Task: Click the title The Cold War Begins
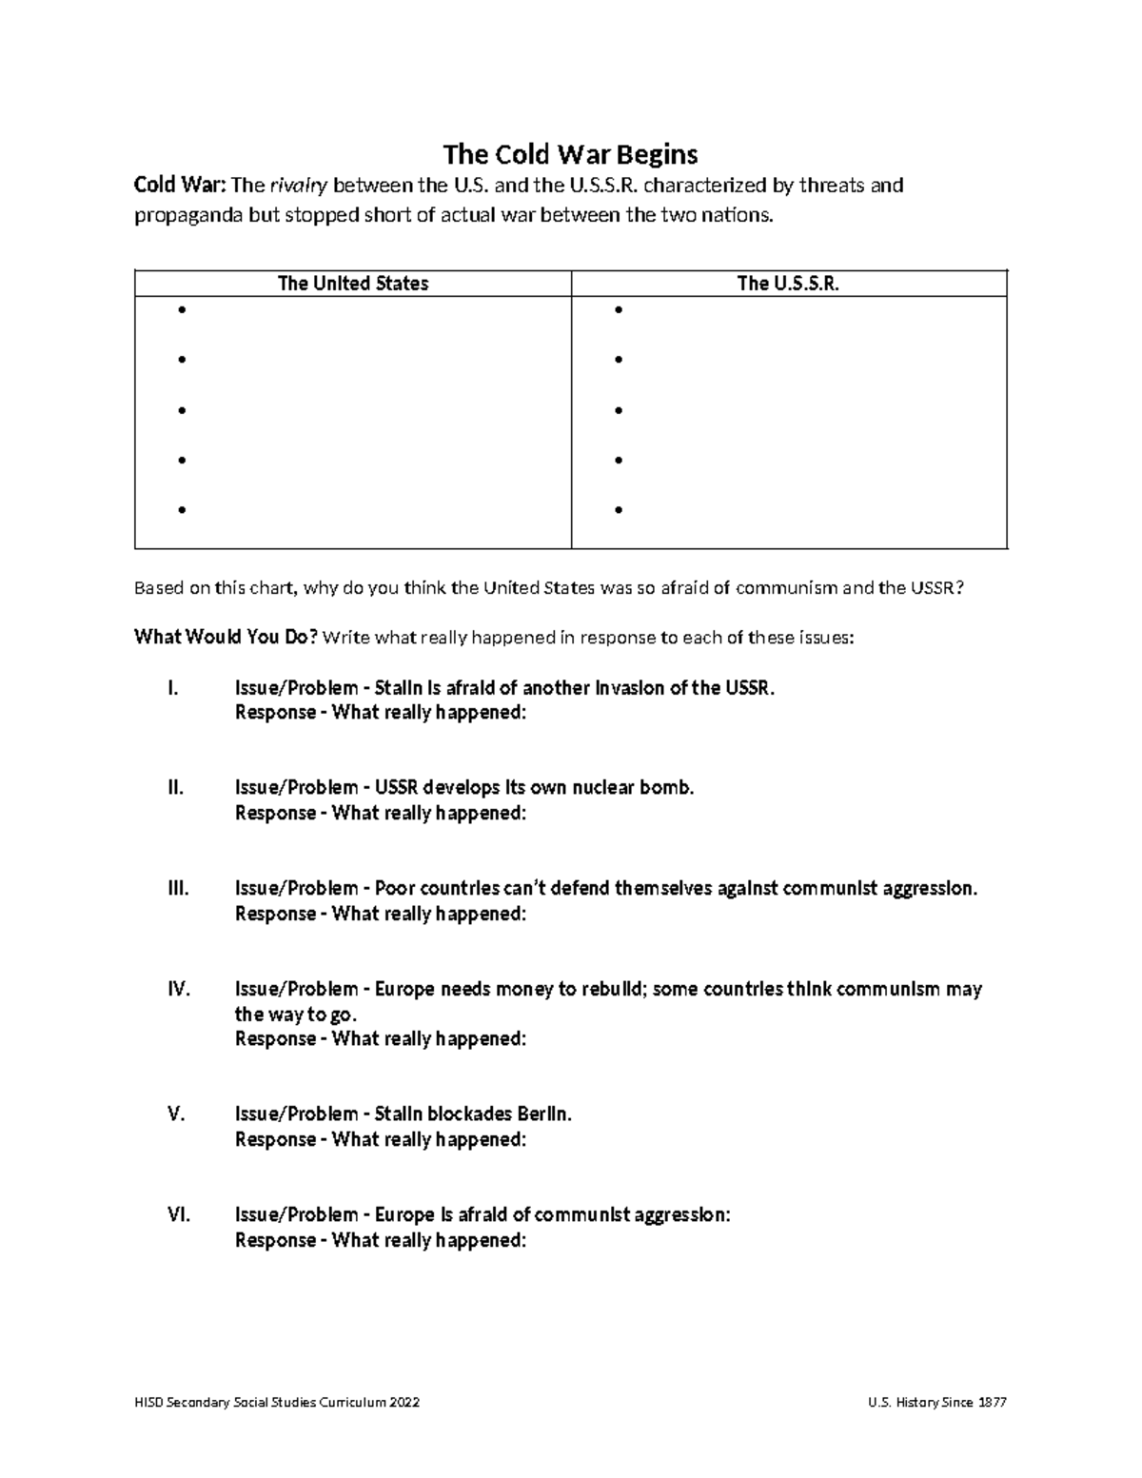point(570,154)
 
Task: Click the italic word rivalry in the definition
point(300,186)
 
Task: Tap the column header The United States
point(352,284)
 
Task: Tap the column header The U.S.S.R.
point(788,284)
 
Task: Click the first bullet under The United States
point(181,310)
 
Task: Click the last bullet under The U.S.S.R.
point(619,510)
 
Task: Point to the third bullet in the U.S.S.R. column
point(619,410)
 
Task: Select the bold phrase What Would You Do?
point(226,637)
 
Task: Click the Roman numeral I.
point(172,688)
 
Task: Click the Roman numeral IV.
point(179,989)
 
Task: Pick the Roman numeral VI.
point(179,1214)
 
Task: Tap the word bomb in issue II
point(670,788)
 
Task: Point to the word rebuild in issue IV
point(613,989)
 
